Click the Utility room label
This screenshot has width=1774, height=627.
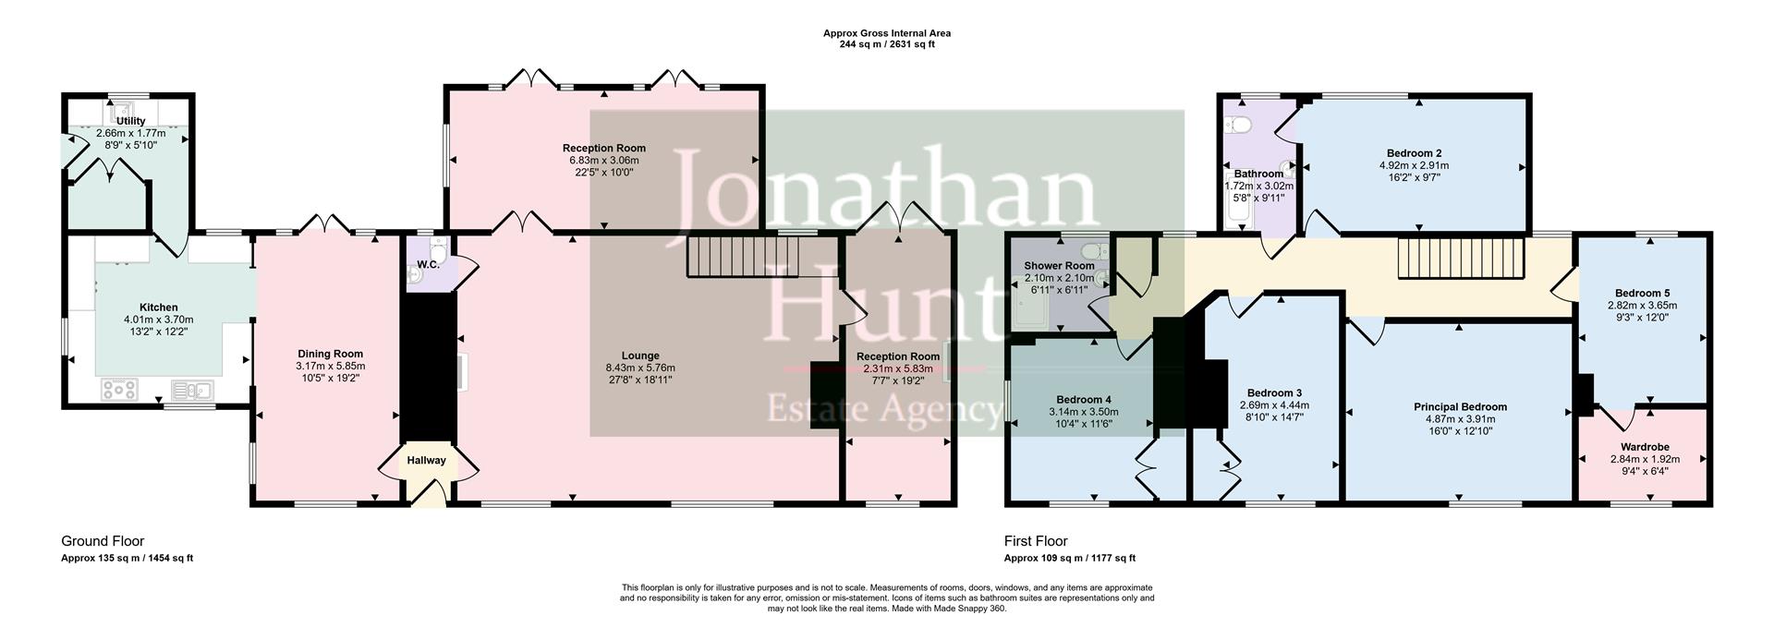[x=131, y=121]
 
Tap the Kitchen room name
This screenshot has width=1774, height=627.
[x=158, y=307]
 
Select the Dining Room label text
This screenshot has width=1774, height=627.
[x=330, y=354]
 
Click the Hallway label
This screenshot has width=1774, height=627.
[x=426, y=460]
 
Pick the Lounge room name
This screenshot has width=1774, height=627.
[x=640, y=356]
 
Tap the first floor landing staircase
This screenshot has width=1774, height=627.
[x=1459, y=258]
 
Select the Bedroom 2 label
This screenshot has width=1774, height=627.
[x=1414, y=153]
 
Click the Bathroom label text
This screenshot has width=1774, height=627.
[x=1258, y=174]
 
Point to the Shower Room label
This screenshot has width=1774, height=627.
[x=1059, y=266]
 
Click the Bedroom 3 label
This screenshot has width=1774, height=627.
[x=1274, y=392]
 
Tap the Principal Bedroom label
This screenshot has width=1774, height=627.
[x=1460, y=406]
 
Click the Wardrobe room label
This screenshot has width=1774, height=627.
[x=1645, y=447]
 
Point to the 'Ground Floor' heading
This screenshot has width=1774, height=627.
[x=103, y=541]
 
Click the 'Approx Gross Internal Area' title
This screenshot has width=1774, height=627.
[x=886, y=33]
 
